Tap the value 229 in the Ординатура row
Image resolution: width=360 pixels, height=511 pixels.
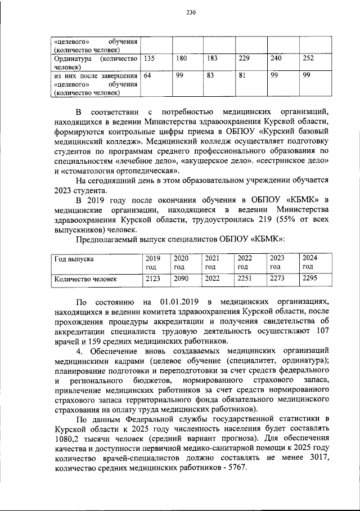(x=244, y=58)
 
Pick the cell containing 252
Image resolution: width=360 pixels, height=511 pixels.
(x=309, y=58)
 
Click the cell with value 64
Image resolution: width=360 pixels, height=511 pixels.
(x=147, y=76)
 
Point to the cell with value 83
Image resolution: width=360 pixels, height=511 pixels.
(x=211, y=76)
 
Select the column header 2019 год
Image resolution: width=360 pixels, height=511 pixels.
(x=152, y=262)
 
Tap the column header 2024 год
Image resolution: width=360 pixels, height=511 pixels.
(x=310, y=262)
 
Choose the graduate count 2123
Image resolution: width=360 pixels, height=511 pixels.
(x=154, y=279)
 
